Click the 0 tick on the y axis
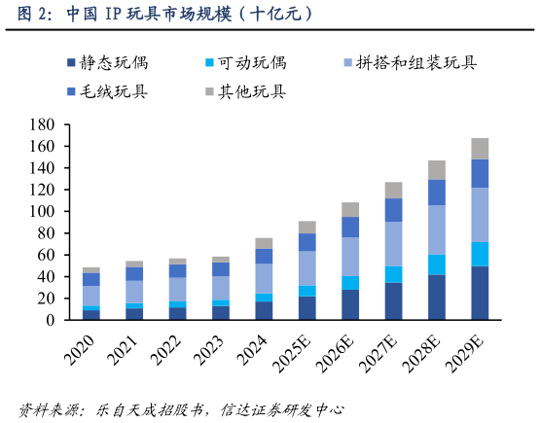[x=47, y=320]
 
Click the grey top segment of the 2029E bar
[x=480, y=149]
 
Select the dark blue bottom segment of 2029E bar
[x=480, y=293]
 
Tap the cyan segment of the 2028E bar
[x=437, y=264]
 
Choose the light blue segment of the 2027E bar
[x=393, y=243]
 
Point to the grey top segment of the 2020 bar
[x=90, y=269]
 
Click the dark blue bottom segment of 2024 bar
[x=264, y=310]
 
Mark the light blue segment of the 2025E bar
[x=306, y=268]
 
